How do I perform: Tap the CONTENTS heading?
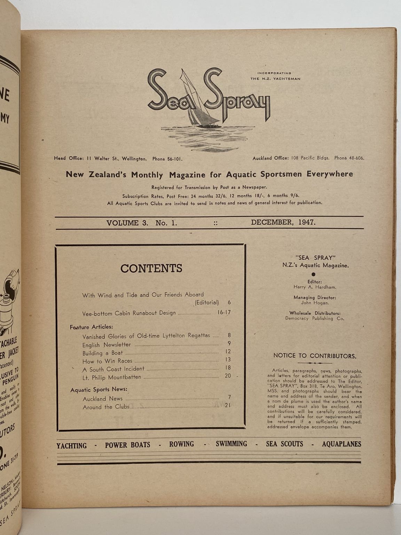click(151, 268)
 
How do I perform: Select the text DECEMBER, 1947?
click(283, 223)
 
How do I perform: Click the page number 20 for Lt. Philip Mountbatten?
click(228, 376)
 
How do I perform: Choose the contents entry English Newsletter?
click(107, 345)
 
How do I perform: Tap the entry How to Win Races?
click(107, 361)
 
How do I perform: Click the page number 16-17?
click(224, 312)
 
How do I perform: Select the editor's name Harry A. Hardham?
click(314, 287)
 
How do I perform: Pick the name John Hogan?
click(314, 303)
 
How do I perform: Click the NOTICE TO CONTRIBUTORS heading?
click(315, 356)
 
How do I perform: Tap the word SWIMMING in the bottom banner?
click(231, 444)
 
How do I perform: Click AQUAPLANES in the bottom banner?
click(341, 444)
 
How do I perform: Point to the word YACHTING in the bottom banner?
click(72, 445)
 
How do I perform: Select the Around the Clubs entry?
click(106, 407)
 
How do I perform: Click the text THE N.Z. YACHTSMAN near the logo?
click(275, 79)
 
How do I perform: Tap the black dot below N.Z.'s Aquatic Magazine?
click(314, 274)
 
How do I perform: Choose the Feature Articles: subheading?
click(91, 327)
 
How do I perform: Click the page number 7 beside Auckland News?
click(229, 397)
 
